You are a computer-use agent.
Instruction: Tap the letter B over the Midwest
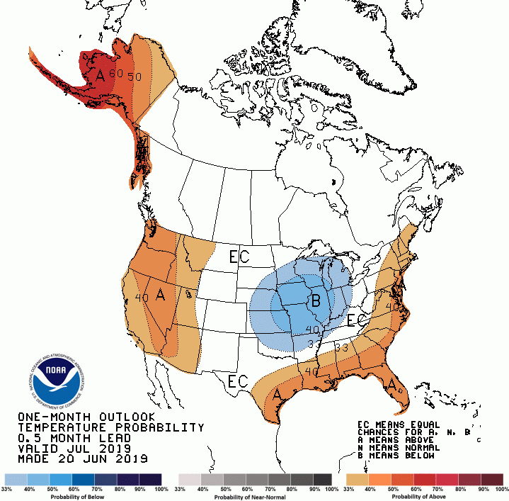(316, 300)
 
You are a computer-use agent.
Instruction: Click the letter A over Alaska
(101, 75)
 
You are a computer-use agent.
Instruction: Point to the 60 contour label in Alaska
(118, 74)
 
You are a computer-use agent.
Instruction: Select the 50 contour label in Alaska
(135, 77)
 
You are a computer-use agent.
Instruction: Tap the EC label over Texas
(238, 381)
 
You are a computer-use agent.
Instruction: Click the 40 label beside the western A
(142, 298)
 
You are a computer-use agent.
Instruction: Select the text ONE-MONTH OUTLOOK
(86, 417)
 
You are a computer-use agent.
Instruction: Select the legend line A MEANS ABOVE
(402, 439)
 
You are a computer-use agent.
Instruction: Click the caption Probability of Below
(84, 496)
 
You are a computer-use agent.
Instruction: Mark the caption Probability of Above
(424, 496)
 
